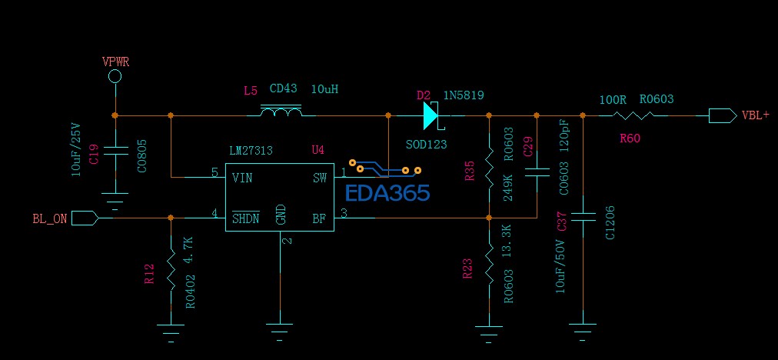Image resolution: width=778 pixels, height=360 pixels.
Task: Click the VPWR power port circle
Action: [115, 76]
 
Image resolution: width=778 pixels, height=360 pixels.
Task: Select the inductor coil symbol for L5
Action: [281, 114]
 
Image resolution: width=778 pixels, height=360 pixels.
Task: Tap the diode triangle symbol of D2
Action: [430, 116]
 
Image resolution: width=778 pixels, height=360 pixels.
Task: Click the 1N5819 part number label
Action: [464, 95]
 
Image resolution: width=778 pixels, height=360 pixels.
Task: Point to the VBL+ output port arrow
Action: [721, 116]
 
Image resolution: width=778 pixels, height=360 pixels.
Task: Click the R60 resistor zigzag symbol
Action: [635, 116]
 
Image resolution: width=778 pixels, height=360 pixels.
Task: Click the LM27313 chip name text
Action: [251, 150]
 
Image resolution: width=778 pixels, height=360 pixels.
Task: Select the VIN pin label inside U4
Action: [242, 178]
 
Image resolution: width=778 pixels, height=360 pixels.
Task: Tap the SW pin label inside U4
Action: [320, 178]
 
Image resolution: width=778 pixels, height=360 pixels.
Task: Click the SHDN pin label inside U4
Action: [246, 218]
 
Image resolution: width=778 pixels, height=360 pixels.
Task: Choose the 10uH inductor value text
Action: [324, 89]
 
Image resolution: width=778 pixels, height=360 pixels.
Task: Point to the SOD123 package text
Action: [426, 144]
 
